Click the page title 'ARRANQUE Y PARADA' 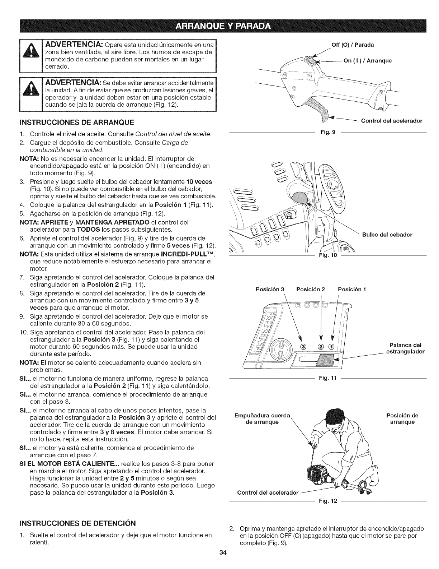click(x=219, y=27)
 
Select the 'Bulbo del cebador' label click(x=387, y=235)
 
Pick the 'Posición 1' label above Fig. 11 click(x=352, y=279)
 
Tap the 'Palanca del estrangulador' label click(x=404, y=348)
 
